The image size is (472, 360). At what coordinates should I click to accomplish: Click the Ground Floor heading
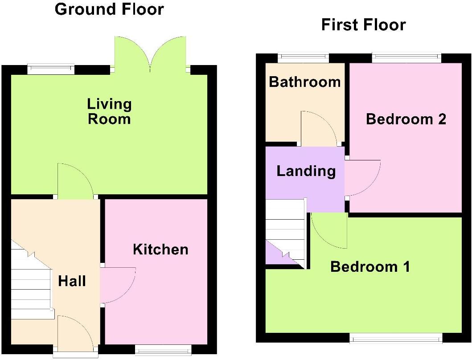[109, 9]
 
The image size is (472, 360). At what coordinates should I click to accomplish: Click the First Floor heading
[363, 25]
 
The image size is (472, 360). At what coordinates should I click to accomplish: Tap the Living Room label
[109, 111]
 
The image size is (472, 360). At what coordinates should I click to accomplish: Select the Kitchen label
[160, 250]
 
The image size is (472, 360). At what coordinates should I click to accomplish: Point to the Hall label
[72, 281]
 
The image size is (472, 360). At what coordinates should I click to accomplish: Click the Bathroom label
[305, 82]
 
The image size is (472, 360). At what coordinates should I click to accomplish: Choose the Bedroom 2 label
[406, 119]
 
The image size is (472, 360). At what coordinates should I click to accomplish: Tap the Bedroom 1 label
[370, 267]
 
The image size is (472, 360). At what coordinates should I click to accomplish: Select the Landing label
[306, 171]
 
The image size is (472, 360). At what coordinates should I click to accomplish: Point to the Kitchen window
[163, 350]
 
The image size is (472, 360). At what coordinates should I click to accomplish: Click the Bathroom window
[304, 57]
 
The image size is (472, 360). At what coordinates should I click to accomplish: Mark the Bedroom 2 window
[406, 57]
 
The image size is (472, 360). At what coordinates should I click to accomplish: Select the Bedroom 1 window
[396, 339]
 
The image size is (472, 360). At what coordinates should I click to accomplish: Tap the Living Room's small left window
[50, 69]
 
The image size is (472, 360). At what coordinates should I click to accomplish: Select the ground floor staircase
[30, 281]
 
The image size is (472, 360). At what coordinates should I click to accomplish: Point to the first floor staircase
[285, 234]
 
